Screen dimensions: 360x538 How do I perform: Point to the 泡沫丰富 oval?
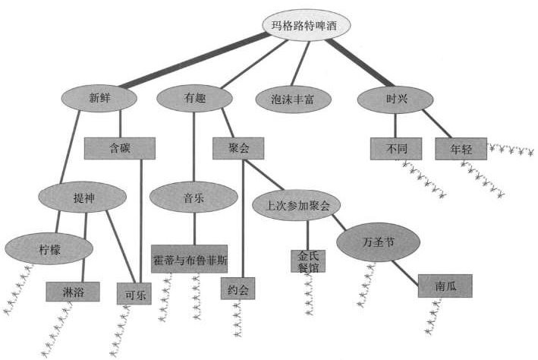click(x=292, y=99)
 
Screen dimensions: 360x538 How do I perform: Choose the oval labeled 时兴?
click(x=394, y=97)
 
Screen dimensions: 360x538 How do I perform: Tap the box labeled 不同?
click(x=397, y=148)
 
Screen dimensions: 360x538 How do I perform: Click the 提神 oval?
click(x=83, y=198)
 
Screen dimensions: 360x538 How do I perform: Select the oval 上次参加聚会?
click(x=296, y=206)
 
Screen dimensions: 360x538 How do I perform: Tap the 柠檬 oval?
click(x=49, y=248)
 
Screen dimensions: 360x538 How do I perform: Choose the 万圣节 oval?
click(x=376, y=243)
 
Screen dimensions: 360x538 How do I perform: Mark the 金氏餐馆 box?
click(x=308, y=261)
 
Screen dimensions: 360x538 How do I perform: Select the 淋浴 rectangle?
click(x=74, y=292)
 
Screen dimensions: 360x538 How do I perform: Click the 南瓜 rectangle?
click(x=445, y=286)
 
